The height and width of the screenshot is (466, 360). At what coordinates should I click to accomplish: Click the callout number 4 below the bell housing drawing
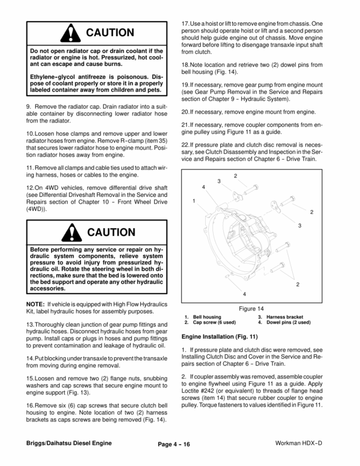tap(244, 294)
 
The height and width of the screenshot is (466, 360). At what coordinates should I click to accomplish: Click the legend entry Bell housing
tap(206, 316)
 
